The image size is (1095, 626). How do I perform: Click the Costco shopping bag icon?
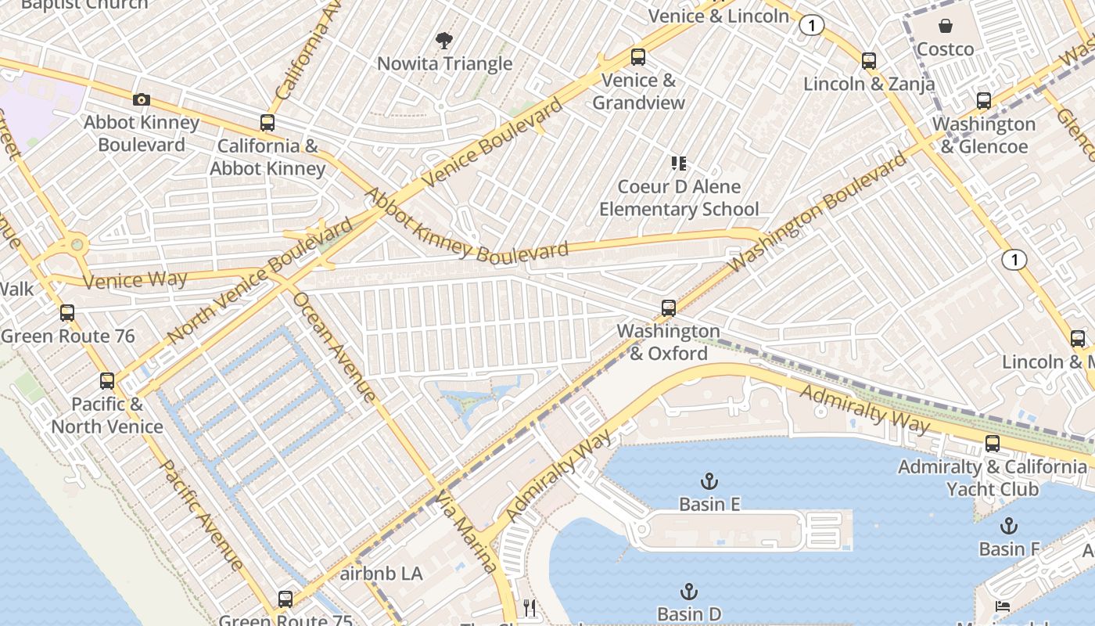946,27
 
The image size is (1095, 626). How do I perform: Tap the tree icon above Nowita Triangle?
444,40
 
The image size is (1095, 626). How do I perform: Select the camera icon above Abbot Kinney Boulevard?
142,99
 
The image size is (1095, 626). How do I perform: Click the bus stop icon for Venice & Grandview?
638,57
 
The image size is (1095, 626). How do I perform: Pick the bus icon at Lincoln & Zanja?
869,61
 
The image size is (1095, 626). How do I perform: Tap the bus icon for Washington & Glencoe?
984,101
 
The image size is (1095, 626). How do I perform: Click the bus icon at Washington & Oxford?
669,308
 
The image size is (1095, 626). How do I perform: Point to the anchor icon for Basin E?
709,480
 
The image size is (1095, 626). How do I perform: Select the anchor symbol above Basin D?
689,591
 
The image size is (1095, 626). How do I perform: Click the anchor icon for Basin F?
1010,526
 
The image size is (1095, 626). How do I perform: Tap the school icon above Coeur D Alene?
679,164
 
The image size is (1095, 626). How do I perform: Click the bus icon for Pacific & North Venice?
107,381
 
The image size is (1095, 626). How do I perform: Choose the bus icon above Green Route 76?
67,313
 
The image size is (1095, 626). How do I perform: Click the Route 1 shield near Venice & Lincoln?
812,26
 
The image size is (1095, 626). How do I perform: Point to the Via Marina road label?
467,532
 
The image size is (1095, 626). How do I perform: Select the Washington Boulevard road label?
819,213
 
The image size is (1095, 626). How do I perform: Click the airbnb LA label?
382,574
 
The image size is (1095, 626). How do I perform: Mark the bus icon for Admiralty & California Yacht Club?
993,444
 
